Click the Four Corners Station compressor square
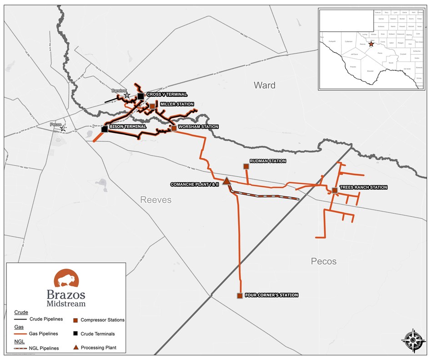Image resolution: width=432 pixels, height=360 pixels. click(x=240, y=295)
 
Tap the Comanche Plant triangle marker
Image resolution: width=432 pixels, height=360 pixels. click(x=226, y=181)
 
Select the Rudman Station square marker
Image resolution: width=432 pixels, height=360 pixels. click(x=246, y=167)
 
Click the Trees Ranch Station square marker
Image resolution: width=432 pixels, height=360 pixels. click(x=335, y=190)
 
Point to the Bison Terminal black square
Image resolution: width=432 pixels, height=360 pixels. click(x=105, y=129)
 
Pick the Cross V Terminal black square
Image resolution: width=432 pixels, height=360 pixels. click(x=141, y=96)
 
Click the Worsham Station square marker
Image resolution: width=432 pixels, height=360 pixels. click(x=174, y=128)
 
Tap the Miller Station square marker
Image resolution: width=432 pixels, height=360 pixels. click(x=152, y=106)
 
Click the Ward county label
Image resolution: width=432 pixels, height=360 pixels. click(x=264, y=85)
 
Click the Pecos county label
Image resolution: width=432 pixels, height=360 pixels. click(x=324, y=261)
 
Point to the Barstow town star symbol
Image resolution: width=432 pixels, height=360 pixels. click(x=127, y=95)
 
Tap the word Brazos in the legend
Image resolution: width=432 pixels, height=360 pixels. click(x=66, y=294)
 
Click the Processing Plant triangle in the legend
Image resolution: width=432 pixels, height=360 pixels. click(x=76, y=348)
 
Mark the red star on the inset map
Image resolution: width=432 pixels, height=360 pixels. click(x=372, y=44)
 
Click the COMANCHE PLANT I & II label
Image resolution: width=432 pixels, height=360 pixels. click(x=195, y=185)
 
